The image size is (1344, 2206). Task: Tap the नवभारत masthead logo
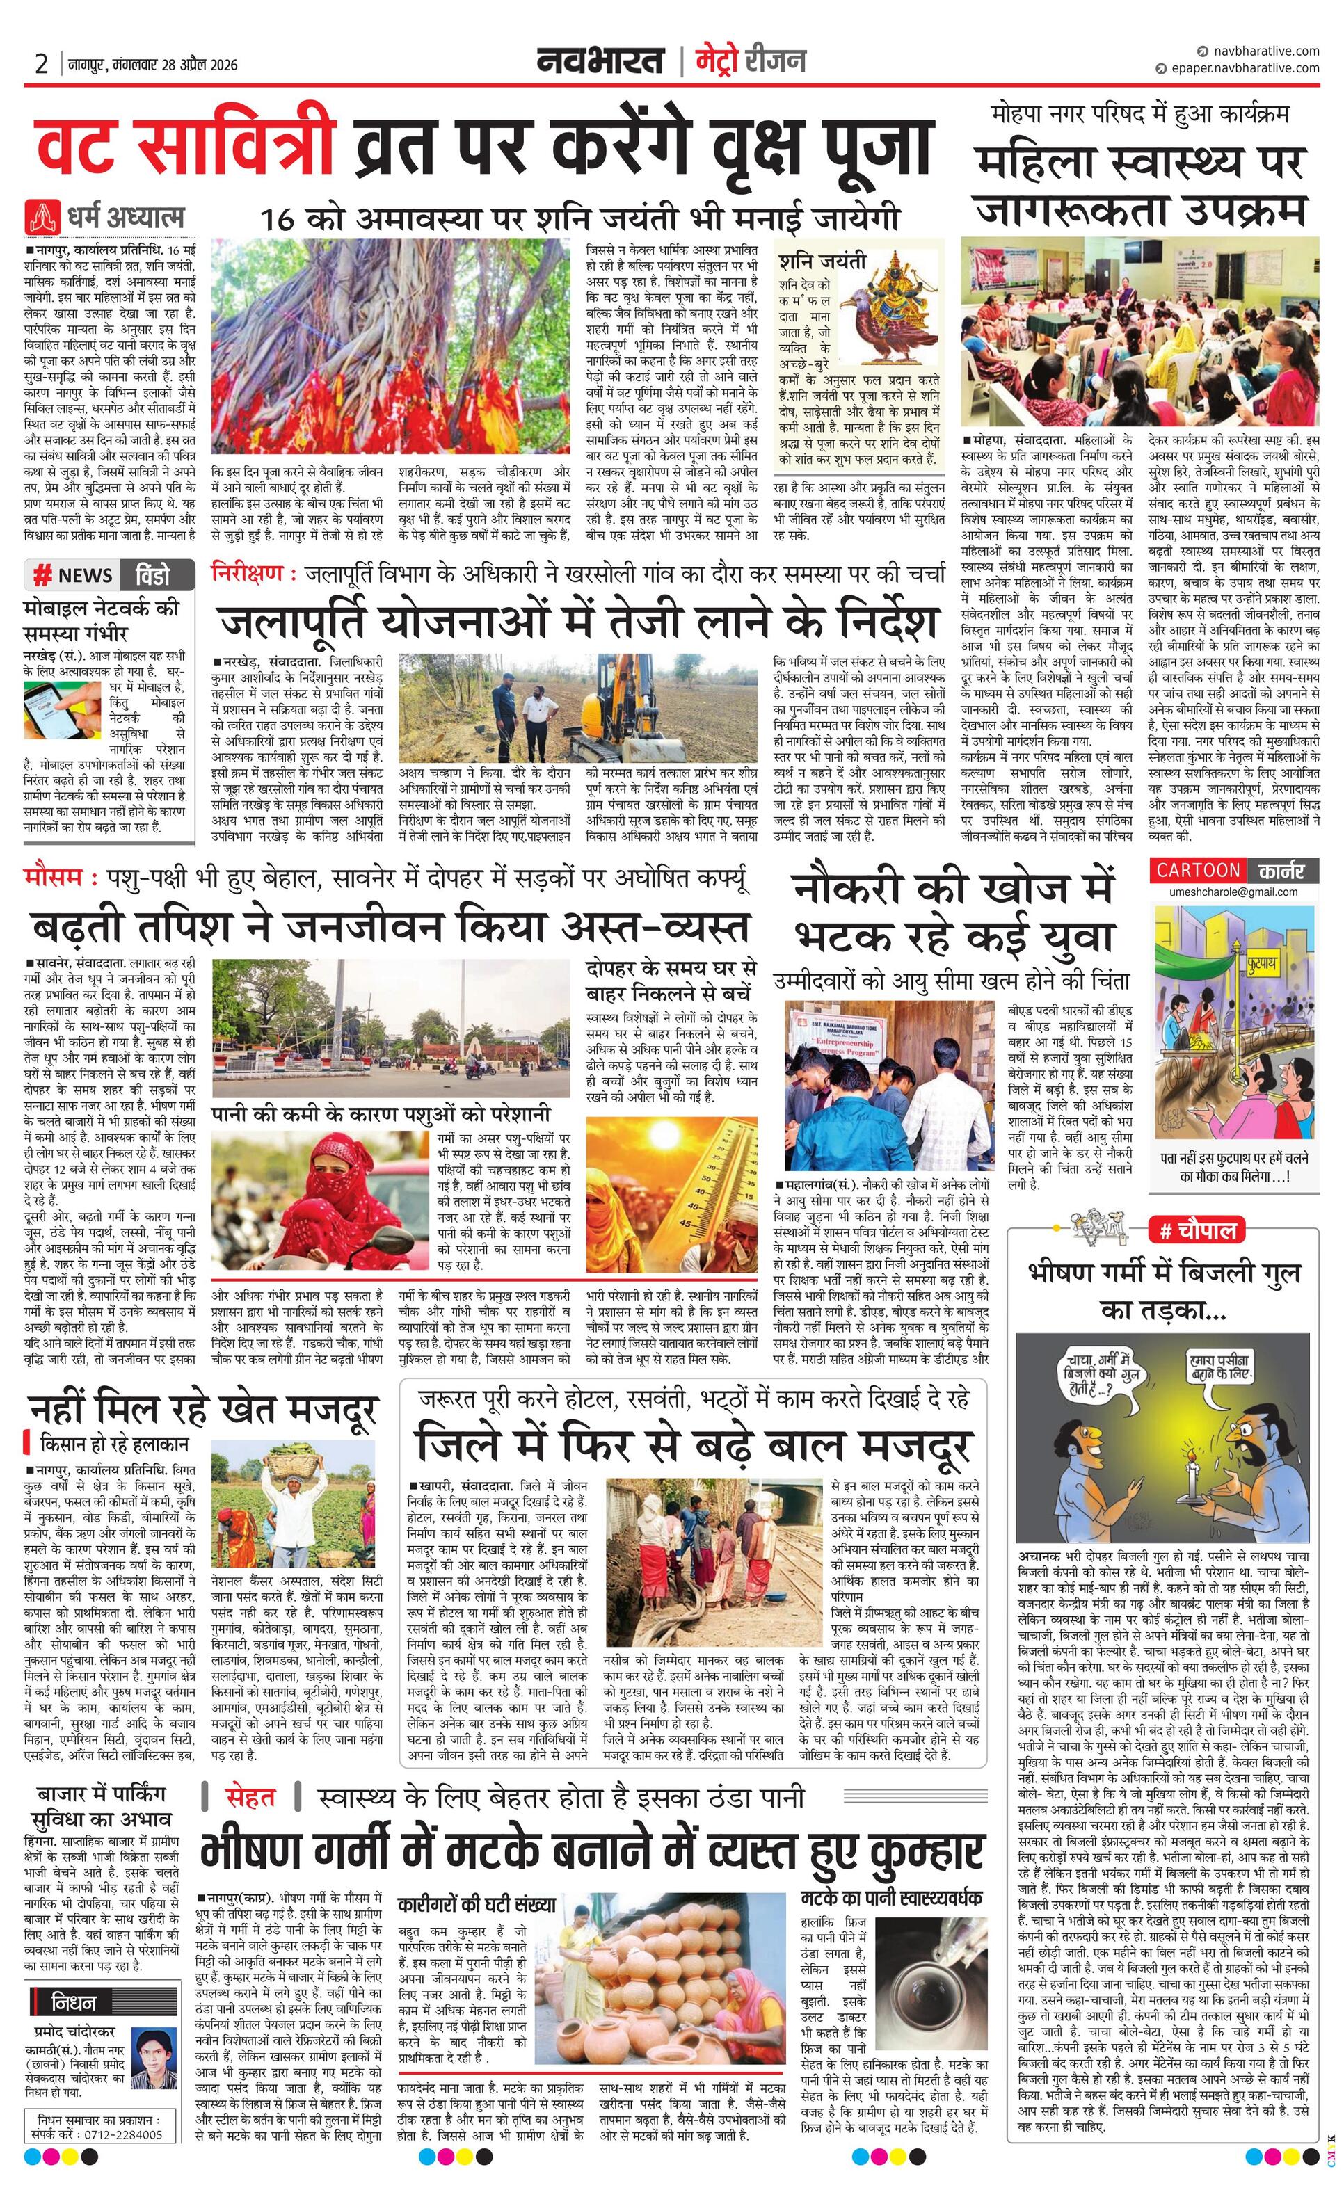coord(601,61)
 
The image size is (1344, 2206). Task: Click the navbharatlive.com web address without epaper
coord(1263,51)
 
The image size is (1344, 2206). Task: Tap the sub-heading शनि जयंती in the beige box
coord(822,261)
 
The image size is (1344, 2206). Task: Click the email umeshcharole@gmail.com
coord(1233,892)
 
